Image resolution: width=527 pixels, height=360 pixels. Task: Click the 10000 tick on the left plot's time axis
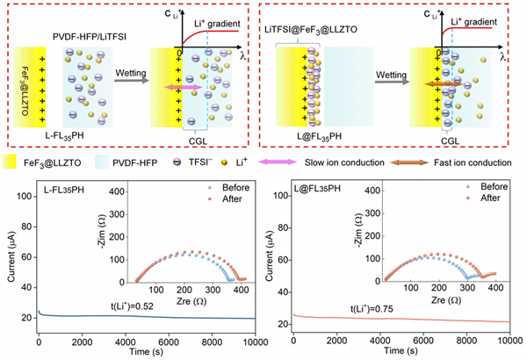pos(243,341)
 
